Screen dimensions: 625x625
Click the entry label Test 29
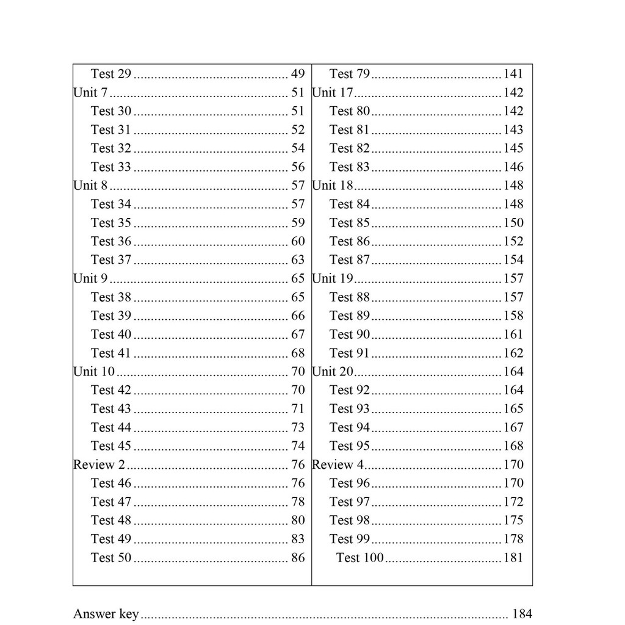pyautogui.click(x=111, y=74)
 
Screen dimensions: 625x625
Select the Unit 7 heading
pyautogui.click(x=90, y=93)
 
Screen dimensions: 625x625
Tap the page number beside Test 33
pyautogui.click(x=298, y=167)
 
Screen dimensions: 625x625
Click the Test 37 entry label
pyautogui.click(x=111, y=260)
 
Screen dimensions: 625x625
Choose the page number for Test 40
pyautogui.click(x=298, y=334)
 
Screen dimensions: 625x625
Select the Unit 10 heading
pyautogui.click(x=93, y=372)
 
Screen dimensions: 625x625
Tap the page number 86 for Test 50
pyautogui.click(x=298, y=557)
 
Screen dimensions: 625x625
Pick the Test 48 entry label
pyautogui.click(x=111, y=520)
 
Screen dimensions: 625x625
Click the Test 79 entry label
pyautogui.click(x=350, y=74)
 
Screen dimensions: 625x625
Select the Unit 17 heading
pyautogui.click(x=333, y=93)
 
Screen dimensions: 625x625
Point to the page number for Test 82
pyautogui.click(x=513, y=148)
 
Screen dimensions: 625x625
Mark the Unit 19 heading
pyautogui.click(x=333, y=278)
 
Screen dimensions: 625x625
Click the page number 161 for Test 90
pyautogui.click(x=513, y=334)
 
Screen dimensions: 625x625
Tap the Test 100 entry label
pyautogui.click(x=360, y=557)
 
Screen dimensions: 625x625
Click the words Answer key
pyautogui.click(x=106, y=614)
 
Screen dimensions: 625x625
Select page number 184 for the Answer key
pyautogui.click(x=522, y=614)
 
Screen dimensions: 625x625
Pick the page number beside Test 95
pyautogui.click(x=513, y=446)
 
